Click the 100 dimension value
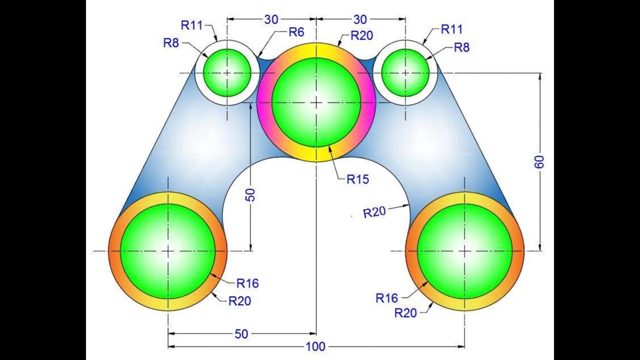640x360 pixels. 316,346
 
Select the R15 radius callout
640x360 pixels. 357,179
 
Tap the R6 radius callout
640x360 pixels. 296,32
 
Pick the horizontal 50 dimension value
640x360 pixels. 241,334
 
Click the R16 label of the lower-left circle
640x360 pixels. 247,283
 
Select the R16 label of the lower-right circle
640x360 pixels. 387,298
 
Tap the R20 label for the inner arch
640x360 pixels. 374,212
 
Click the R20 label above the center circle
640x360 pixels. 362,35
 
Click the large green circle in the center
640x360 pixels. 316,102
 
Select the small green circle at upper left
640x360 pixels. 227,72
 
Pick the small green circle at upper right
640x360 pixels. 405,72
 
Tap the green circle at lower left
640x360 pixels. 168,251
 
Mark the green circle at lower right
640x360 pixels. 464,251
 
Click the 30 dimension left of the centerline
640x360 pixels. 271,19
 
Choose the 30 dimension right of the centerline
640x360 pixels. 360,19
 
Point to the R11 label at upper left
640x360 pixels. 192,25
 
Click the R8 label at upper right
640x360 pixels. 462,48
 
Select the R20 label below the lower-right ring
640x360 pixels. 405,313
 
